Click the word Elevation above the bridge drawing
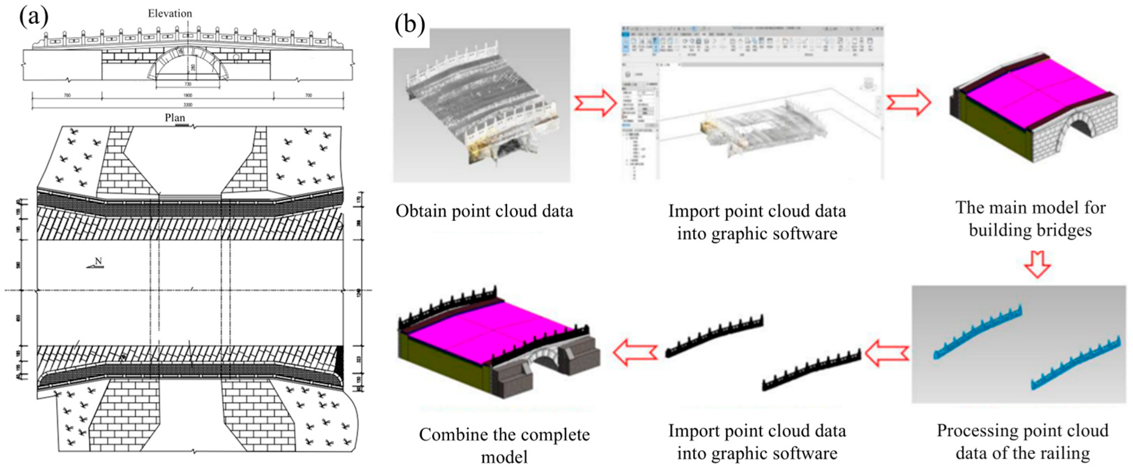pos(170,14)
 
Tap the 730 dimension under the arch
pos(188,84)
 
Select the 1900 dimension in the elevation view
pos(188,95)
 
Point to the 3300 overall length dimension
pos(188,105)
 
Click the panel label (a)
pos(33,16)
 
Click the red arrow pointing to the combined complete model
pos(635,352)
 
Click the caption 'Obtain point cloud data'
pos(484,211)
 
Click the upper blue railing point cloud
pos(977,333)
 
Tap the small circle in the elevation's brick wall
pos(236,58)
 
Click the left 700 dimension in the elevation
pos(67,95)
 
